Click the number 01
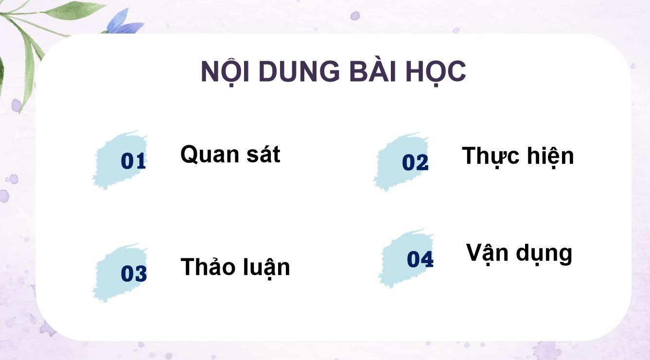133,161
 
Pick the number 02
415,163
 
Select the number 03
134,274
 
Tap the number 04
420,259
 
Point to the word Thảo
205,267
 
